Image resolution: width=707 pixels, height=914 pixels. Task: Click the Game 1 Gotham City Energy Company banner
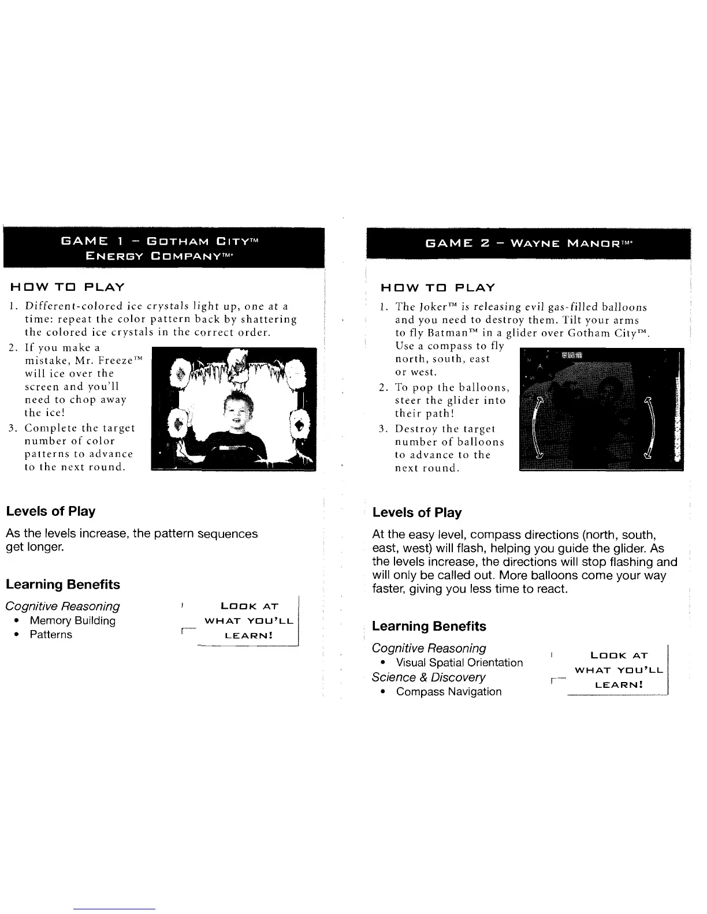pyautogui.click(x=163, y=248)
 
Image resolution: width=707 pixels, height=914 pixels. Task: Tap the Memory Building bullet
pyautogui.click(x=72, y=621)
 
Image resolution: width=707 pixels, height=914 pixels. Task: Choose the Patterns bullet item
pyautogui.click(x=51, y=635)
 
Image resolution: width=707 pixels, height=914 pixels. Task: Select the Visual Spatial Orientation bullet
pyautogui.click(x=459, y=663)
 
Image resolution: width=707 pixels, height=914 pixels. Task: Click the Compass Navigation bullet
pyautogui.click(x=449, y=692)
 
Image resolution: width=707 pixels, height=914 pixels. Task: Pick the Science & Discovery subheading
pyautogui.click(x=429, y=677)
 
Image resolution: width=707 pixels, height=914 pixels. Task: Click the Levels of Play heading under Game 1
pyautogui.click(x=51, y=512)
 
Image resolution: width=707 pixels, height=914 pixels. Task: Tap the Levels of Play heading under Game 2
pyautogui.click(x=417, y=513)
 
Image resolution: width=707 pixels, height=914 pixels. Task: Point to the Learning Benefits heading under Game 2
pyautogui.click(x=429, y=627)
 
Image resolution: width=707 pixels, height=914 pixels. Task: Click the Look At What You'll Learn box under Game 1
pyautogui.click(x=250, y=621)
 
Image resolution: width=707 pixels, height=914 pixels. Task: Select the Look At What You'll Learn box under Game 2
pyautogui.click(x=619, y=670)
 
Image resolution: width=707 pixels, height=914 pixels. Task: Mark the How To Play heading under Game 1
pyautogui.click(x=66, y=287)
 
